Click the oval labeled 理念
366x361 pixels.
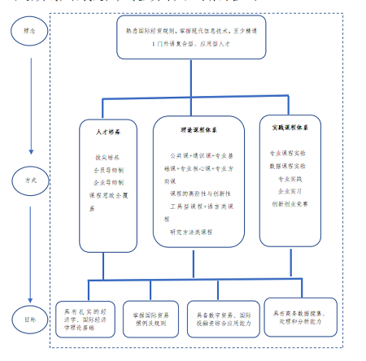pyautogui.click(x=29, y=33)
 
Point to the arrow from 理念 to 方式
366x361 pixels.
pyautogui.click(x=30, y=98)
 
